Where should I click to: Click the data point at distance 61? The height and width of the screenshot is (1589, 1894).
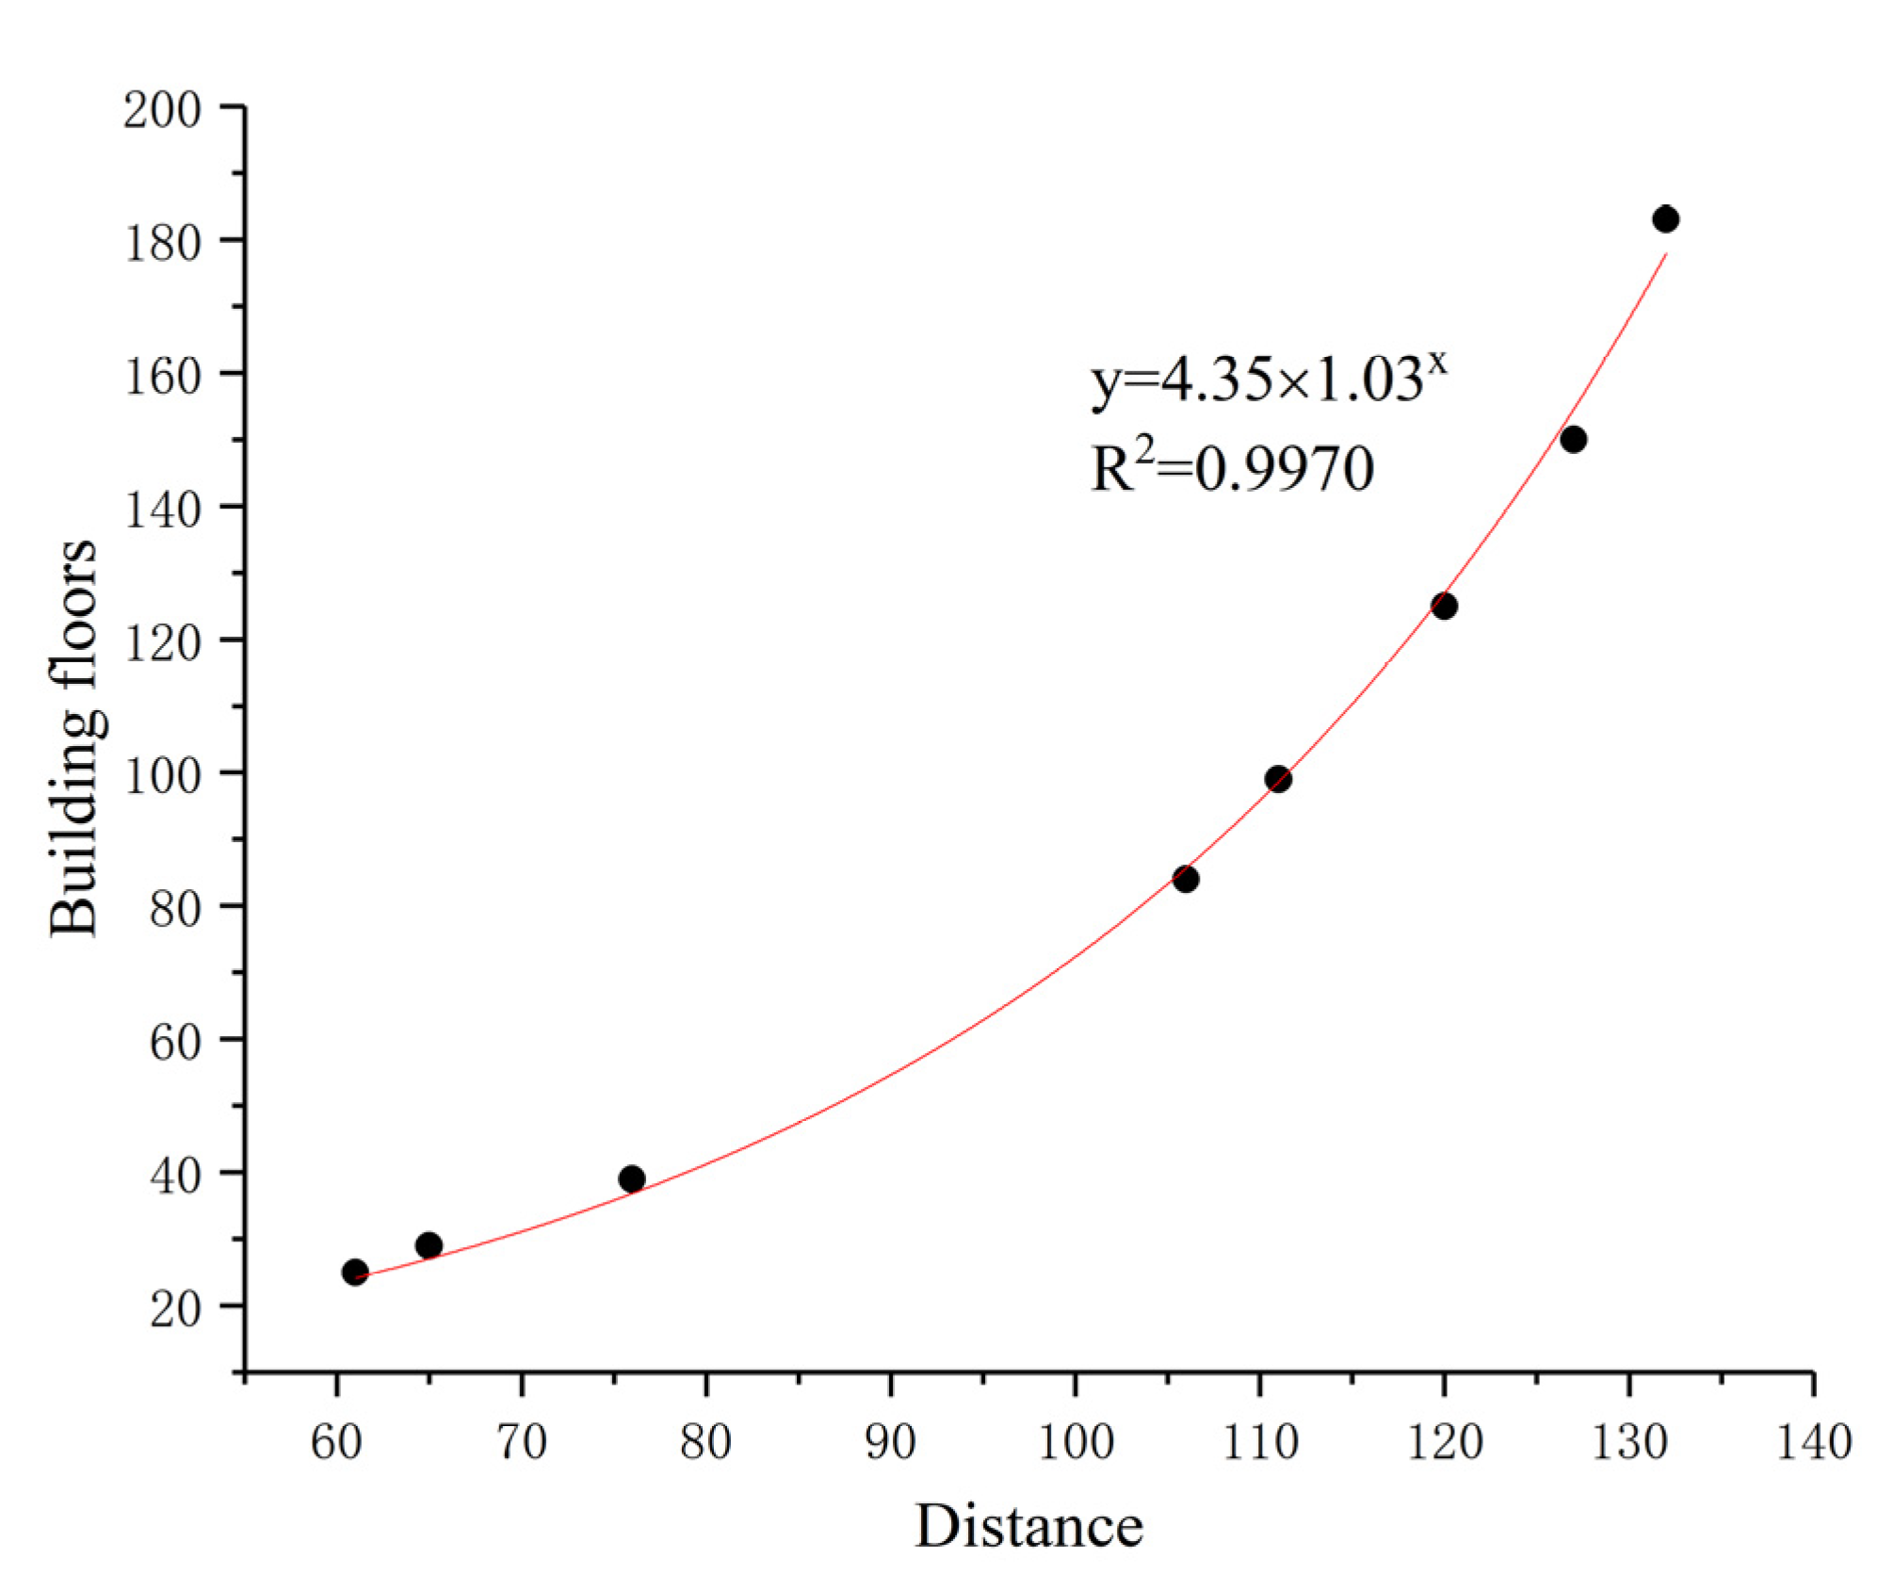point(355,1273)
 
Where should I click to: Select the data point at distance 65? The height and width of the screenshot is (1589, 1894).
point(429,1245)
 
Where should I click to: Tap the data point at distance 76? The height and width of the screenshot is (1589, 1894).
point(632,1178)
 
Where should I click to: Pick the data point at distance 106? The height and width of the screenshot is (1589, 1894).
point(1186,879)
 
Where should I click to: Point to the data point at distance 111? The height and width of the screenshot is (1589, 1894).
point(1278,779)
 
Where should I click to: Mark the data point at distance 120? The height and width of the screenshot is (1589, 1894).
point(1444,606)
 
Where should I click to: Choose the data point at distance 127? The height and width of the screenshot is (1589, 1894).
point(1574,439)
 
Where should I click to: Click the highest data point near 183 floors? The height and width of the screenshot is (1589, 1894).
point(1666,219)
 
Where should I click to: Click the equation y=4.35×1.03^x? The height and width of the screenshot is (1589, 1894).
point(1268,380)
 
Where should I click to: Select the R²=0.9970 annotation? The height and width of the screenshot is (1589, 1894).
point(1232,467)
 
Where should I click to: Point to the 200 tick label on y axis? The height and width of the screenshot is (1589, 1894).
point(162,110)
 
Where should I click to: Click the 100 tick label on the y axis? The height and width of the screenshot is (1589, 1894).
point(162,775)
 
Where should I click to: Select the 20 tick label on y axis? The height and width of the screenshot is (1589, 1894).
point(175,1308)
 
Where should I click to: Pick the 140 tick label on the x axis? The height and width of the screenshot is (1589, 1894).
point(1814,1442)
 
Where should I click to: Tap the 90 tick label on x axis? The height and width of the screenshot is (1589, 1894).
point(890,1442)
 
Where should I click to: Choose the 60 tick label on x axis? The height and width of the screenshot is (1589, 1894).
point(336,1442)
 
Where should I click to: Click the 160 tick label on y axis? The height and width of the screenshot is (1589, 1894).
point(162,377)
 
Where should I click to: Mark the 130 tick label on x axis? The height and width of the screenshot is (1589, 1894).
point(1629,1442)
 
